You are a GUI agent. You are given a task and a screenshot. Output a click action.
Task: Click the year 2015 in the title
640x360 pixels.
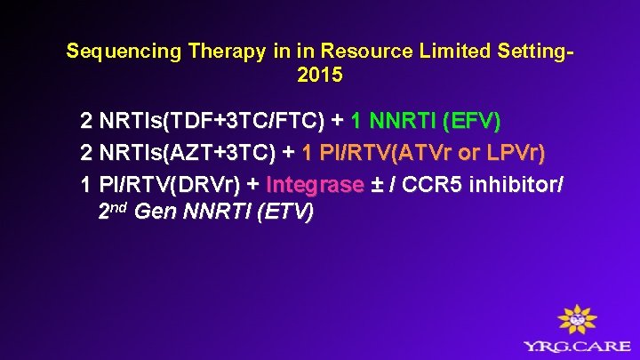pos(319,76)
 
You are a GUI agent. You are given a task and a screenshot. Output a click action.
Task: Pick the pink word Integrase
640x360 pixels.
pos(315,185)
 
